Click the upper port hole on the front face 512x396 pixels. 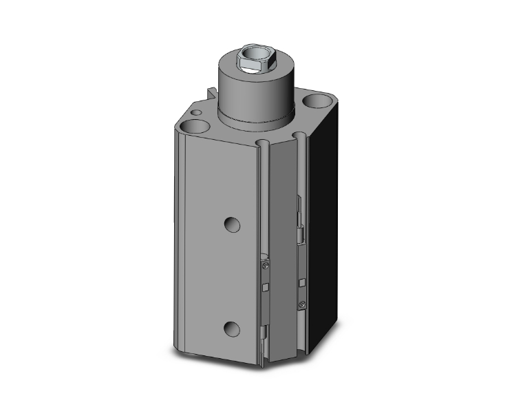pos(233,225)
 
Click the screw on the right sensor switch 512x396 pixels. pos(301,305)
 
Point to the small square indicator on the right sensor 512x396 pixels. pos(301,282)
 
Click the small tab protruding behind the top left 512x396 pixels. pos(209,92)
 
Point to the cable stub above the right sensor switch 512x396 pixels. pos(299,220)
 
